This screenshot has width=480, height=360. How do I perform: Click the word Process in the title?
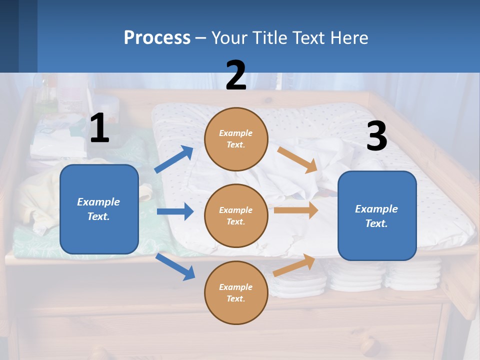157,37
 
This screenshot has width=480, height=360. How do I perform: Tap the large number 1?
99,128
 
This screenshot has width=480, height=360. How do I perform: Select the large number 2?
236,75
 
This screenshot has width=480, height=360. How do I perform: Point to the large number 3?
376,136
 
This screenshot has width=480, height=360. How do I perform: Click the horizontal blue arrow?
175,211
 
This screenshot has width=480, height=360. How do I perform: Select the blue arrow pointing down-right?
175,266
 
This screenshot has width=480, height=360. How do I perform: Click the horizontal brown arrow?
296,210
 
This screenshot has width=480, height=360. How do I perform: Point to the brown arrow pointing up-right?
294,265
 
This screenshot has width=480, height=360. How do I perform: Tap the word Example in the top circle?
236,133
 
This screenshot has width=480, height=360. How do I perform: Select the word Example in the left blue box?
98,202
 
